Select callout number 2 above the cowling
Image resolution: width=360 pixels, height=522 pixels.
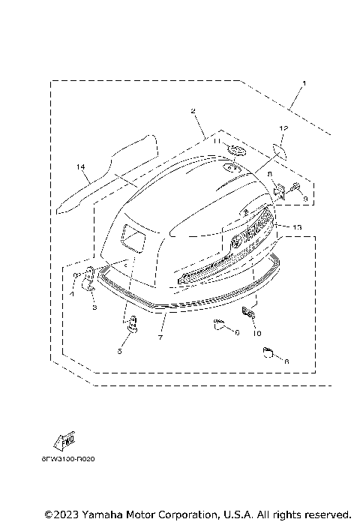coord(193,111)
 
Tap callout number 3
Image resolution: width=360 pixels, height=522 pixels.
coord(94,307)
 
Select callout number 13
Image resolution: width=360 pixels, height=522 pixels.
coord(298,226)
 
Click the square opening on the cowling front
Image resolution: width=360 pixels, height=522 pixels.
coord(135,238)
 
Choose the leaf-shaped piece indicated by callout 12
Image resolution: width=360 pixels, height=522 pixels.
coord(280,153)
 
